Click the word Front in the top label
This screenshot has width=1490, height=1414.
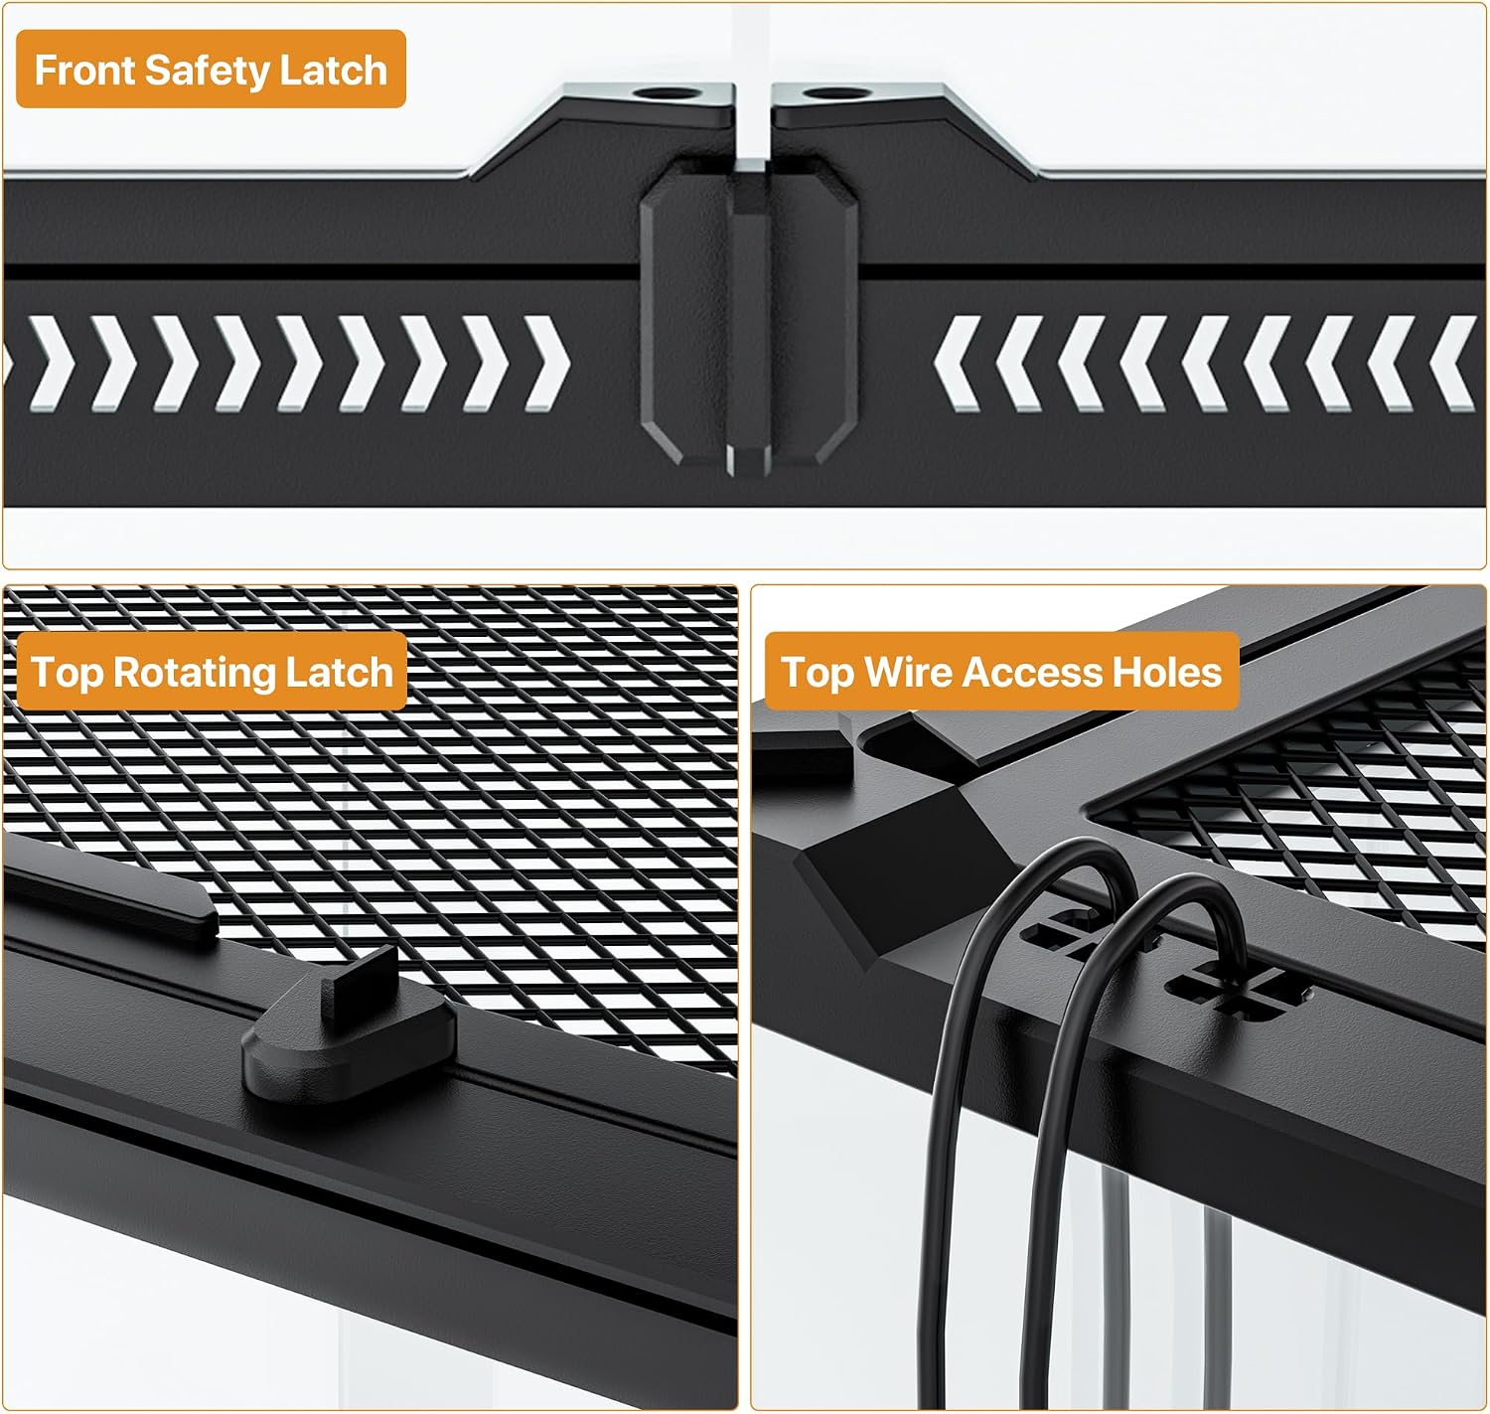[x=85, y=71]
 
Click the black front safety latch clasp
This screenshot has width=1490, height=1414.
[x=749, y=317]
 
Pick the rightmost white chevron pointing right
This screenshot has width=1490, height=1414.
[x=546, y=364]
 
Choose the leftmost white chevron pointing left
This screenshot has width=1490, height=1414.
[x=958, y=364]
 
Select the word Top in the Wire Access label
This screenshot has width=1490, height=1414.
[x=817, y=674]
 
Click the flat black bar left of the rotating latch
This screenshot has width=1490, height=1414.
[x=110, y=888]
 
